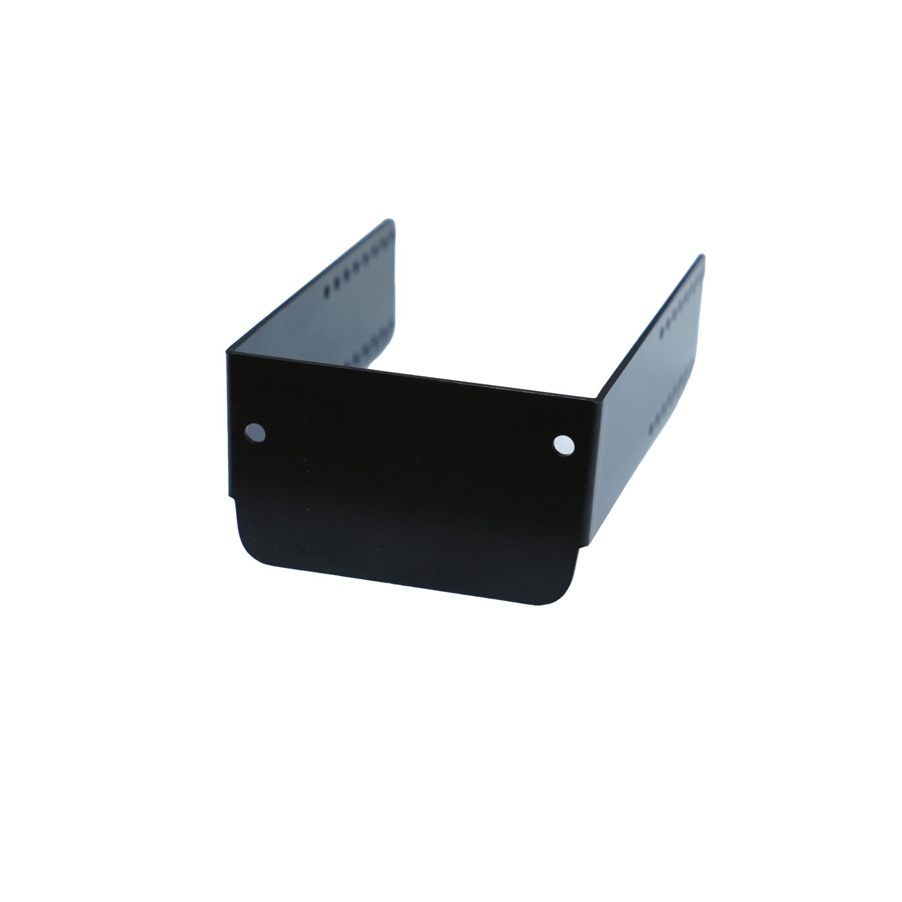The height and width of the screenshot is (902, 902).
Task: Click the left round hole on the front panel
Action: [256, 432]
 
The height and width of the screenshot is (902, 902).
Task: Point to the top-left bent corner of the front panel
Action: [229, 352]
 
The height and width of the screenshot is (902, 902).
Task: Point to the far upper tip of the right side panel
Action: [701, 256]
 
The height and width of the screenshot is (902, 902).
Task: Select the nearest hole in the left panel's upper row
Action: [327, 290]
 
